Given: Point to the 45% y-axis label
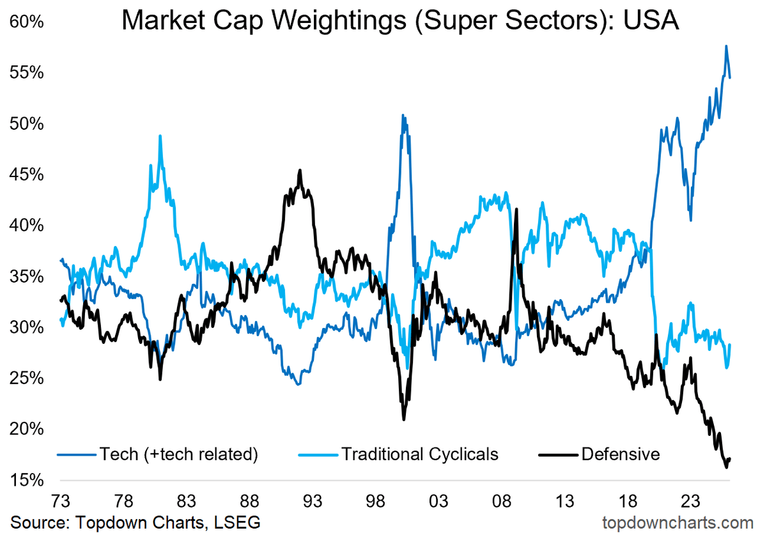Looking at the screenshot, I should coord(26,174).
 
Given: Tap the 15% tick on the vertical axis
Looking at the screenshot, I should coord(26,480).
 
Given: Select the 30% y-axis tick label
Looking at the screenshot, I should coord(26,327).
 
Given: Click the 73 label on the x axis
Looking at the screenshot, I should coord(61,500).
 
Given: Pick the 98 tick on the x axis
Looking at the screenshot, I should coord(377,500).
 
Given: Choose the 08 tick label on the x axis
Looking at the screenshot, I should coord(503,500).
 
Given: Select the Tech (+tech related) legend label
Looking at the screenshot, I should coord(178,454).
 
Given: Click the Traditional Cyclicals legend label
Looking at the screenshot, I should coord(419,454).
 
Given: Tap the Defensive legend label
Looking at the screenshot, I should coord(620,454).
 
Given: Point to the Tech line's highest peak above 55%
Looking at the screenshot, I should coord(726,46).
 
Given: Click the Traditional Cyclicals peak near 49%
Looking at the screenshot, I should coord(160,136).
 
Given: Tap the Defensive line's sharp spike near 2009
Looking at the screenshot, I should coord(516,209).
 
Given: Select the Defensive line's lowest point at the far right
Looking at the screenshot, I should coord(726,467).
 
